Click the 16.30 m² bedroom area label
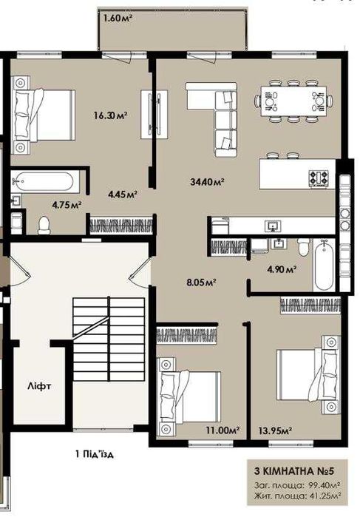point(111,115)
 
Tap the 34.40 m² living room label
point(208,181)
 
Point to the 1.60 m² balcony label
point(118,18)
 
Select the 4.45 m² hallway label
point(123,195)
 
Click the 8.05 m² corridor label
point(201,283)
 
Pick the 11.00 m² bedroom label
point(223,430)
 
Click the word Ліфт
point(40,386)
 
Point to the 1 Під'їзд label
point(95,454)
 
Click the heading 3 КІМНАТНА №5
point(294,471)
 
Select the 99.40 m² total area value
point(325,485)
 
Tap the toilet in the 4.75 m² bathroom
point(44,225)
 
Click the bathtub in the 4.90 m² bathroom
point(324,265)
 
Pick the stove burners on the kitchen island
point(319,179)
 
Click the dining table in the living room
point(293,101)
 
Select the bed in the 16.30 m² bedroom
point(43,115)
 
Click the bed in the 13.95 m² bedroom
point(308,375)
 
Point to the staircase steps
point(109,339)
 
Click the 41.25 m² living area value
point(325,496)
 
